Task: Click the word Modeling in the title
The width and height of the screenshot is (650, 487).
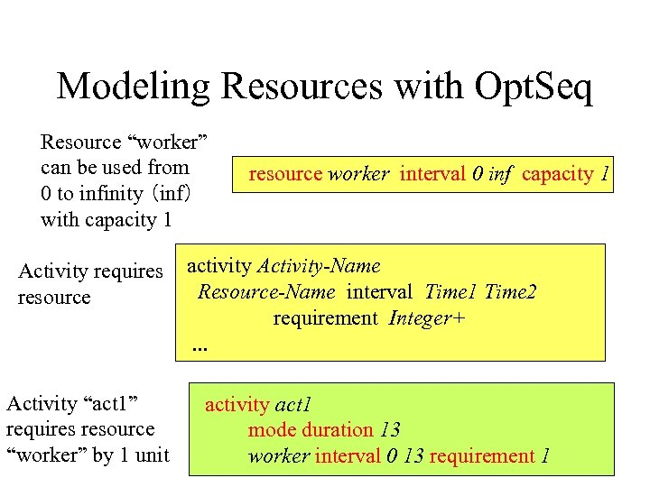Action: coord(135,87)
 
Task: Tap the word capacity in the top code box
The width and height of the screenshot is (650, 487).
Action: coord(557,173)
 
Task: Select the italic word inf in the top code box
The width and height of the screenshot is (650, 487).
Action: coord(499,173)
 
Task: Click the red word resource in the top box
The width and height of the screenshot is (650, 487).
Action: coord(285,173)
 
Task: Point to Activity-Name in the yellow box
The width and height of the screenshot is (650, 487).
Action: coord(320,266)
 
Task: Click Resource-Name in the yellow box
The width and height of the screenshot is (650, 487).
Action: coord(266,291)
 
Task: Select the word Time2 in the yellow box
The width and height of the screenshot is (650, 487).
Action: coord(510,291)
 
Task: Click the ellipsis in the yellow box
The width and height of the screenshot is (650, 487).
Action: coord(199,347)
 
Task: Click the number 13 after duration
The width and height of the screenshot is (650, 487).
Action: coord(389,430)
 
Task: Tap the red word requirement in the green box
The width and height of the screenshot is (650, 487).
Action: coord(482,455)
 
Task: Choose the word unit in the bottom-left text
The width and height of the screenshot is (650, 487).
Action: coord(151,455)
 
